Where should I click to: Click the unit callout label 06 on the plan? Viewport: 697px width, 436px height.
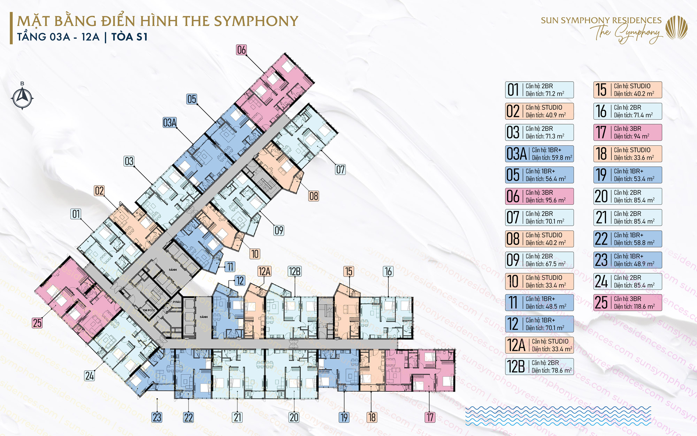coord(241,50)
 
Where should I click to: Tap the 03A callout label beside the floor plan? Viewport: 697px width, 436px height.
coord(170,122)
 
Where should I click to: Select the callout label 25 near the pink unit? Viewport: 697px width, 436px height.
coord(37,323)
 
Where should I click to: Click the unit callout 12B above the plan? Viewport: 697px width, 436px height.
coord(294,271)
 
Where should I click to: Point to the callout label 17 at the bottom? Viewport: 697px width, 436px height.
coord(430,417)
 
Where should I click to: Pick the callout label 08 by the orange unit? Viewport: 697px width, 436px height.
coord(314,196)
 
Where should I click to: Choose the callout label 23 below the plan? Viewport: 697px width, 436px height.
coord(157,417)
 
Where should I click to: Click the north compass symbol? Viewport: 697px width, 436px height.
coord(22,97)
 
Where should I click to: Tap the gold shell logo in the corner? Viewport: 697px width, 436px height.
coord(676,28)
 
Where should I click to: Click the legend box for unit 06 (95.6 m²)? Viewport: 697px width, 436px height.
coord(539,196)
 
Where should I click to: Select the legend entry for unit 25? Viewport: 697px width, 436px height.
coord(627,303)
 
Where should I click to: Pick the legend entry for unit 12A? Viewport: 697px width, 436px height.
coord(539,345)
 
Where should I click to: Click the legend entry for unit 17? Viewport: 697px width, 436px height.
coord(627,133)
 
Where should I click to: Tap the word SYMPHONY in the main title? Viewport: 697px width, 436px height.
coord(256,21)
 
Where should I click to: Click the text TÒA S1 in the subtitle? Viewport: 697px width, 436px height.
coord(129,37)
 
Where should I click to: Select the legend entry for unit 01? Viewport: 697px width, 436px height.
coord(539,90)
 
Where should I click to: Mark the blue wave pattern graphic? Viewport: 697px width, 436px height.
coord(558,416)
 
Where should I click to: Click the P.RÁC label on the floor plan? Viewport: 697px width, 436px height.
coord(177,302)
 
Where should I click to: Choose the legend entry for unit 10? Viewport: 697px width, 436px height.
coord(539,281)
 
